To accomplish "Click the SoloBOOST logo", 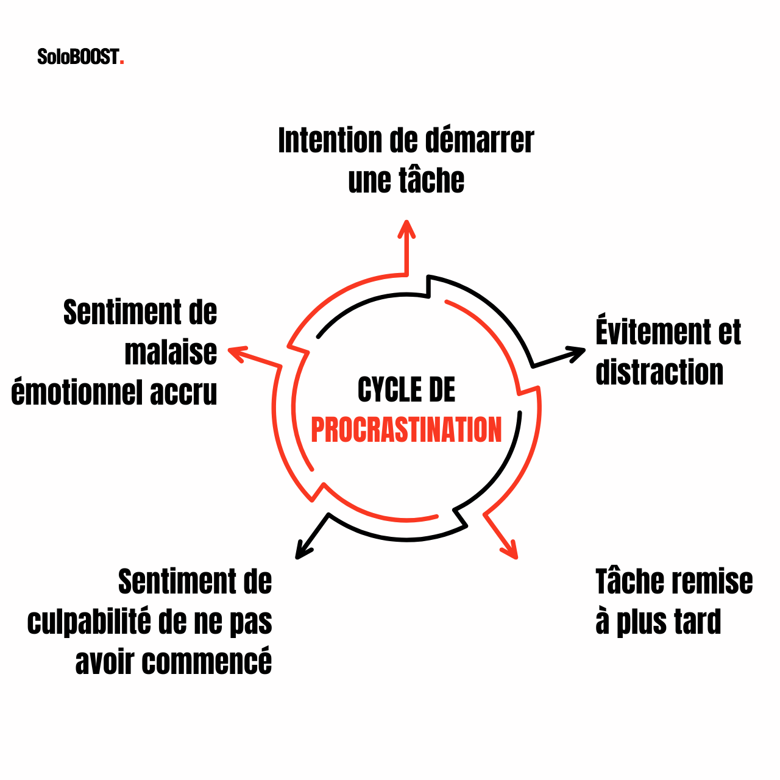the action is pyautogui.click(x=80, y=57).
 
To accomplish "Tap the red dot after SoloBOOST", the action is pyautogui.click(x=122, y=62).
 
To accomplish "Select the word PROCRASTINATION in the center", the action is pyautogui.click(x=406, y=430).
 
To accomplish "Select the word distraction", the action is pyautogui.click(x=659, y=372).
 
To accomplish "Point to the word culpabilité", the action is pyautogui.click(x=89, y=622).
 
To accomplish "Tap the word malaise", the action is pyautogui.click(x=171, y=353).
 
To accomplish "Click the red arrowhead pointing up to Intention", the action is pyautogui.click(x=406, y=227).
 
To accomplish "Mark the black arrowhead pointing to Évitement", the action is pyautogui.click(x=578, y=353).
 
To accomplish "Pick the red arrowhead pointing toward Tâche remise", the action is pyautogui.click(x=511, y=550).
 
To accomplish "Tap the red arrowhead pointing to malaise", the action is pyautogui.click(x=236, y=352).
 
